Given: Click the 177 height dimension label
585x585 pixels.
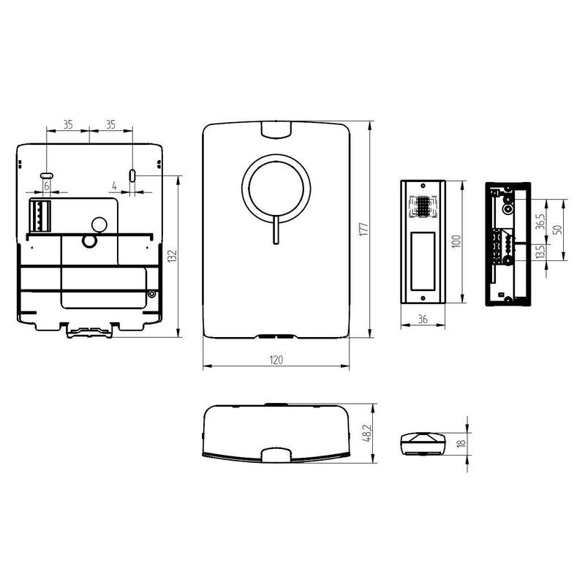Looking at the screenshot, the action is pos(363,229).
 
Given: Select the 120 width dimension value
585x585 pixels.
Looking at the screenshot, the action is pos(276,360).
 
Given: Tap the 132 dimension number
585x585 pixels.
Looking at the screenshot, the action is pos(172,257).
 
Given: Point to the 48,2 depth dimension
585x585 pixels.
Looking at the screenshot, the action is pos(367,433).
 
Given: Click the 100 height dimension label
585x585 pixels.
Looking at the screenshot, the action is pos(456,241).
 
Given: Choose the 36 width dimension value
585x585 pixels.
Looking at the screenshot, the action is pos(423,320).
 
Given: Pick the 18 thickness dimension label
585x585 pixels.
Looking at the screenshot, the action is pos(461,443).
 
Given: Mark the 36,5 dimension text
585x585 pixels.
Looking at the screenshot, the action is pos(540,222).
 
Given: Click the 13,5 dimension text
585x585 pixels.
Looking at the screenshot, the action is pos(540,251).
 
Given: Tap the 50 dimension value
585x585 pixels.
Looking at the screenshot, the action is pos(558,229).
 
